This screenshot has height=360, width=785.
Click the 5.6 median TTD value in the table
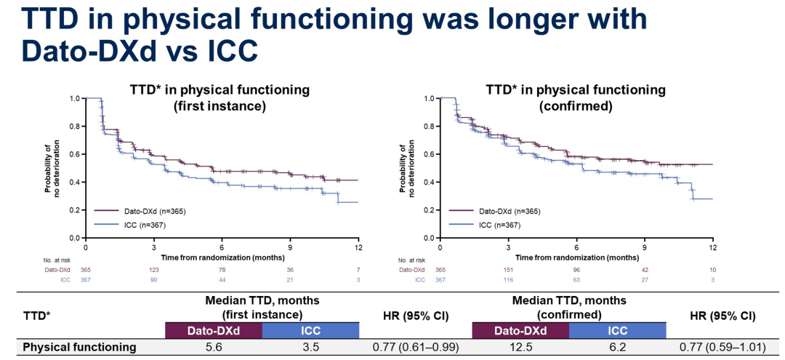point(214,348)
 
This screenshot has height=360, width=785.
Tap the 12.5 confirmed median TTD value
point(520,348)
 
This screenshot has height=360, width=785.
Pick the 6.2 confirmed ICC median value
point(617,348)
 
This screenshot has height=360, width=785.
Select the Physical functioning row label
point(79,348)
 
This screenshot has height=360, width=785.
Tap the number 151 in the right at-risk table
point(510,270)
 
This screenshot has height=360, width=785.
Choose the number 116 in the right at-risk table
point(510,279)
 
